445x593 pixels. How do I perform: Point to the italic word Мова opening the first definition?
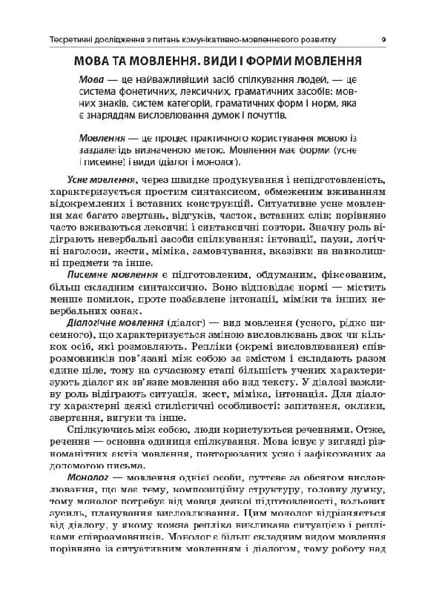tap(90, 80)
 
